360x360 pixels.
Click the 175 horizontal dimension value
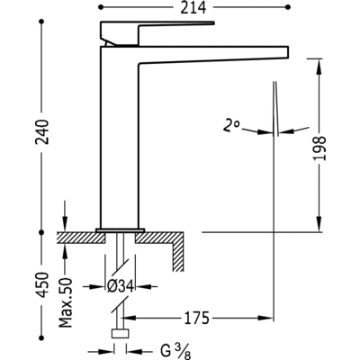[x=198, y=318]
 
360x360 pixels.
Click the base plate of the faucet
[x=120, y=225]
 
